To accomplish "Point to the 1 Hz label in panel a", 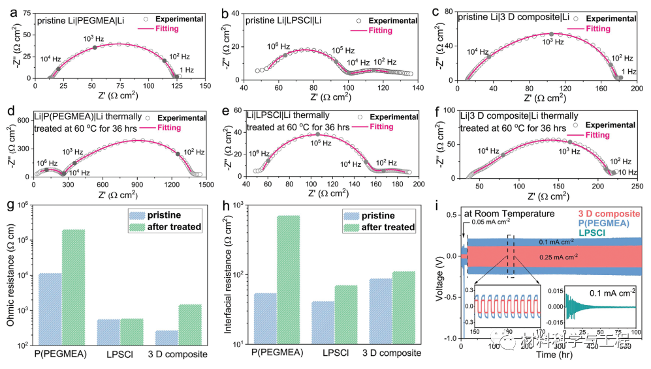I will pos(187,70).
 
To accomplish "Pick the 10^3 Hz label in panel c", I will pos(552,42).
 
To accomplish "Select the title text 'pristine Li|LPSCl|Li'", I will pos(283,21).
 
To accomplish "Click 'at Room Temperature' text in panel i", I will pos(501,213).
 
